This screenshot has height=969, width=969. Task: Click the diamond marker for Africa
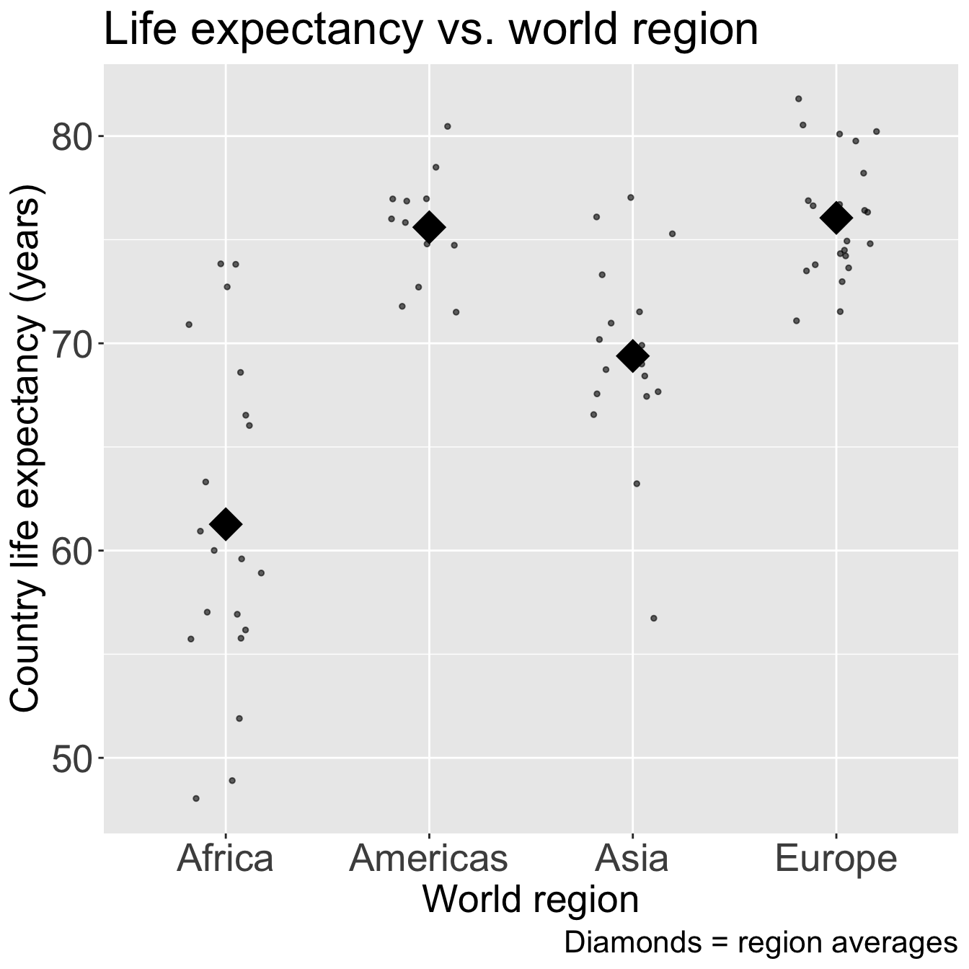(225, 524)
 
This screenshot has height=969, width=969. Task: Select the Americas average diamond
(429, 227)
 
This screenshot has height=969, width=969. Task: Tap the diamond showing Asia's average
(632, 355)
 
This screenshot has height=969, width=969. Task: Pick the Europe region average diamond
(836, 218)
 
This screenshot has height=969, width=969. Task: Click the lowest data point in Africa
(196, 798)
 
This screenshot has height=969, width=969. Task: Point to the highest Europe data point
(799, 99)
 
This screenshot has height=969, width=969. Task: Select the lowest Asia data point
(654, 618)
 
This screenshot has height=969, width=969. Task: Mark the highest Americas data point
(447, 126)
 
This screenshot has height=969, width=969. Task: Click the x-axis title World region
(530, 901)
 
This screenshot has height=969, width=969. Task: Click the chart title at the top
(431, 30)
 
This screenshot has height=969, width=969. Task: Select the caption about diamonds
(760, 943)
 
